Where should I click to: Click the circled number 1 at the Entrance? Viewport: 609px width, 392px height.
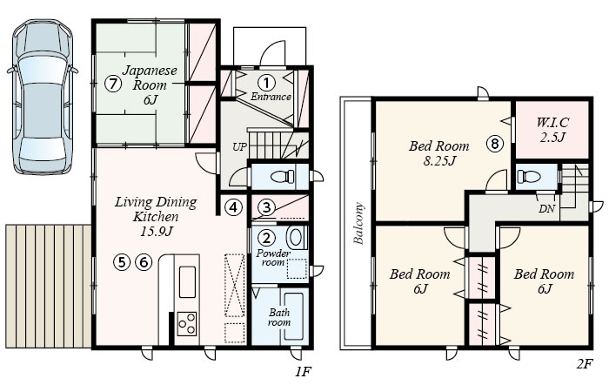266,83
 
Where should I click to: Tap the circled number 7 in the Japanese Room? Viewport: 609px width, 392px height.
113,84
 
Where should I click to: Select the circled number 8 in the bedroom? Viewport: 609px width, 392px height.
495,144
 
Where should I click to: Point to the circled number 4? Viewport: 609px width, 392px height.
233,207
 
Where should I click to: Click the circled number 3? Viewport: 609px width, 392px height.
266,207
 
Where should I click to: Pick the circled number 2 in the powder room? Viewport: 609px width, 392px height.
266,238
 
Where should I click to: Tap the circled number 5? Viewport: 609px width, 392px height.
122,262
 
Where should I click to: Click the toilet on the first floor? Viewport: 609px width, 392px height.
283,177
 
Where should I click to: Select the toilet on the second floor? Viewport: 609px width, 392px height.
529,177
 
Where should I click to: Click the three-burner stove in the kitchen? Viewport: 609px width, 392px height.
187,323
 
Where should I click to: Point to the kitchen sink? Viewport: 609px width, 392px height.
187,282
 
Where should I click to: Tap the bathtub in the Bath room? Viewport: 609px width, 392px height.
294,316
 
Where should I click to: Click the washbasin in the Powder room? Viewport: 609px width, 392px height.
296,237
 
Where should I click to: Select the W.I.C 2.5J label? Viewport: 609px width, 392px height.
552,130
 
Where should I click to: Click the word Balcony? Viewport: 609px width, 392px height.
359,223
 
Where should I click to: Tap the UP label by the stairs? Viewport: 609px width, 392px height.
239,147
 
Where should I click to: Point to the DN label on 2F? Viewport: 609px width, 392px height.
546,209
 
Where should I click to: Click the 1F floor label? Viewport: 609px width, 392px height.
302,372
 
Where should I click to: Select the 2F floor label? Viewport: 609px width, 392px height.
584,364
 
